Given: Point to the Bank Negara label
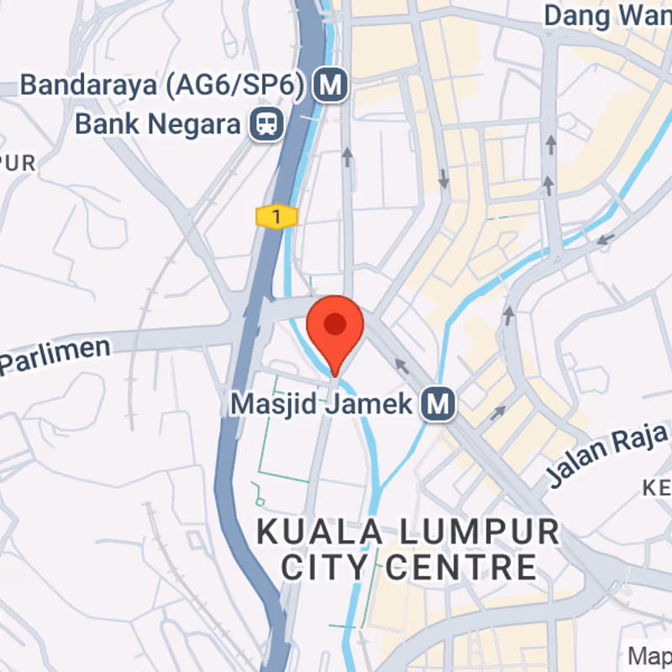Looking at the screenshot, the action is [x=158, y=124].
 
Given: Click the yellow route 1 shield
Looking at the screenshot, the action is [x=276, y=218].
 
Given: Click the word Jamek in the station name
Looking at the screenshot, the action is [x=377, y=404].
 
